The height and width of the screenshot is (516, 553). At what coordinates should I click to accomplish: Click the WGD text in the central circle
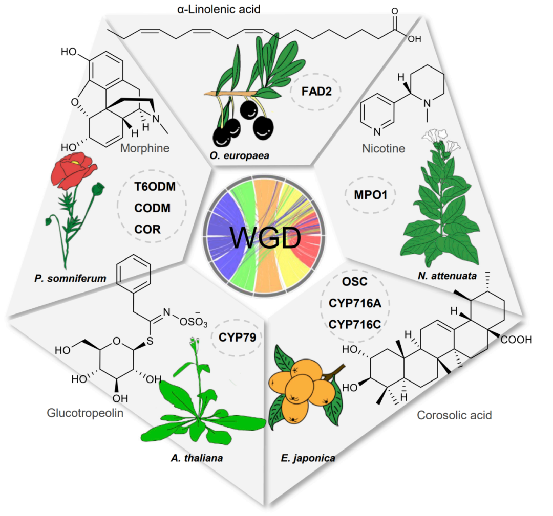265,238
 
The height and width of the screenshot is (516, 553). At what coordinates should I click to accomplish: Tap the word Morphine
146,148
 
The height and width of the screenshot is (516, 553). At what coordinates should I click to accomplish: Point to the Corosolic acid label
454,415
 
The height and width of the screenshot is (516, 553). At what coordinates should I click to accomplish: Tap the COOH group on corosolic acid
517,339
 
